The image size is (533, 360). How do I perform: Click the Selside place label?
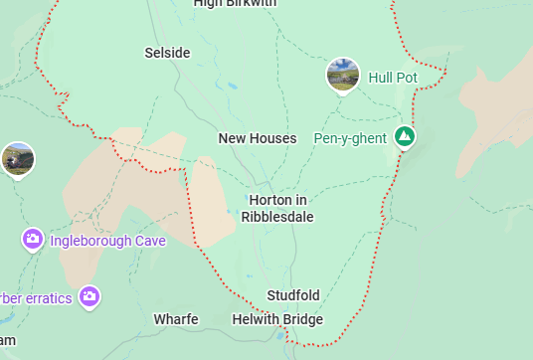(167, 53)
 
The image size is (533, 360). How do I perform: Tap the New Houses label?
(258, 138)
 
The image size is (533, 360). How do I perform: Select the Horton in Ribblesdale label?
(277, 209)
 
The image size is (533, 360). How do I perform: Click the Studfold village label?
(293, 295)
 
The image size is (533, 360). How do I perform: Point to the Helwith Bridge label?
(277, 319)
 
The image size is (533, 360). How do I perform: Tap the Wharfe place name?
(176, 319)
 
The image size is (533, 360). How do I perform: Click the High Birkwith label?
(235, 4)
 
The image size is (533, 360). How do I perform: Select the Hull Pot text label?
(393, 77)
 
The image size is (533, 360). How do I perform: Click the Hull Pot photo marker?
(343, 75)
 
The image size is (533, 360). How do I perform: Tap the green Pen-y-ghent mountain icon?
(404, 136)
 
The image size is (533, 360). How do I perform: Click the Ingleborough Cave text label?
(108, 240)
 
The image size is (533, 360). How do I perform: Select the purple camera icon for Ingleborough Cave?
(33, 239)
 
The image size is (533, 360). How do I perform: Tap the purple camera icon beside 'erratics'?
(89, 296)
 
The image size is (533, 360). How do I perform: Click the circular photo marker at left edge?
(17, 159)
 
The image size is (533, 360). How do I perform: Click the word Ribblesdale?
(277, 218)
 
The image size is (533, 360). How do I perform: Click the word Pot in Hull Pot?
(407, 77)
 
